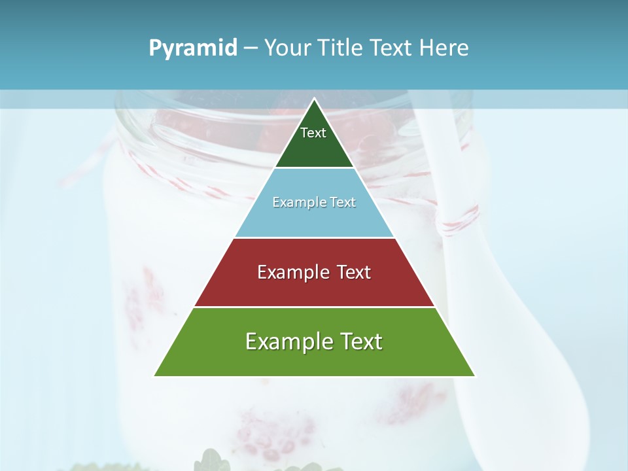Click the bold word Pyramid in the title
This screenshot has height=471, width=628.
pos(193,48)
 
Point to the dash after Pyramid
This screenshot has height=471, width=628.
pos(251,48)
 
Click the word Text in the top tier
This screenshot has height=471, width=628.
pos(313,133)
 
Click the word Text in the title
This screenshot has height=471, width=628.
pos(392,48)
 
